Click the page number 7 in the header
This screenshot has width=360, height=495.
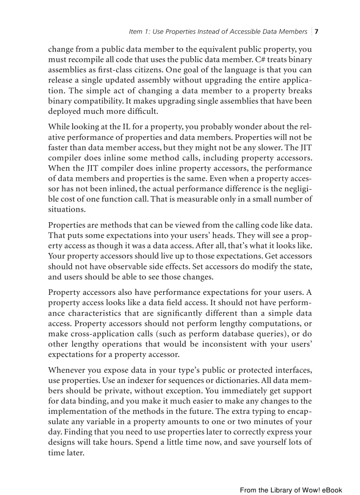coord(317,32)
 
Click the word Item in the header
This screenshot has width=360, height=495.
coord(135,32)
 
